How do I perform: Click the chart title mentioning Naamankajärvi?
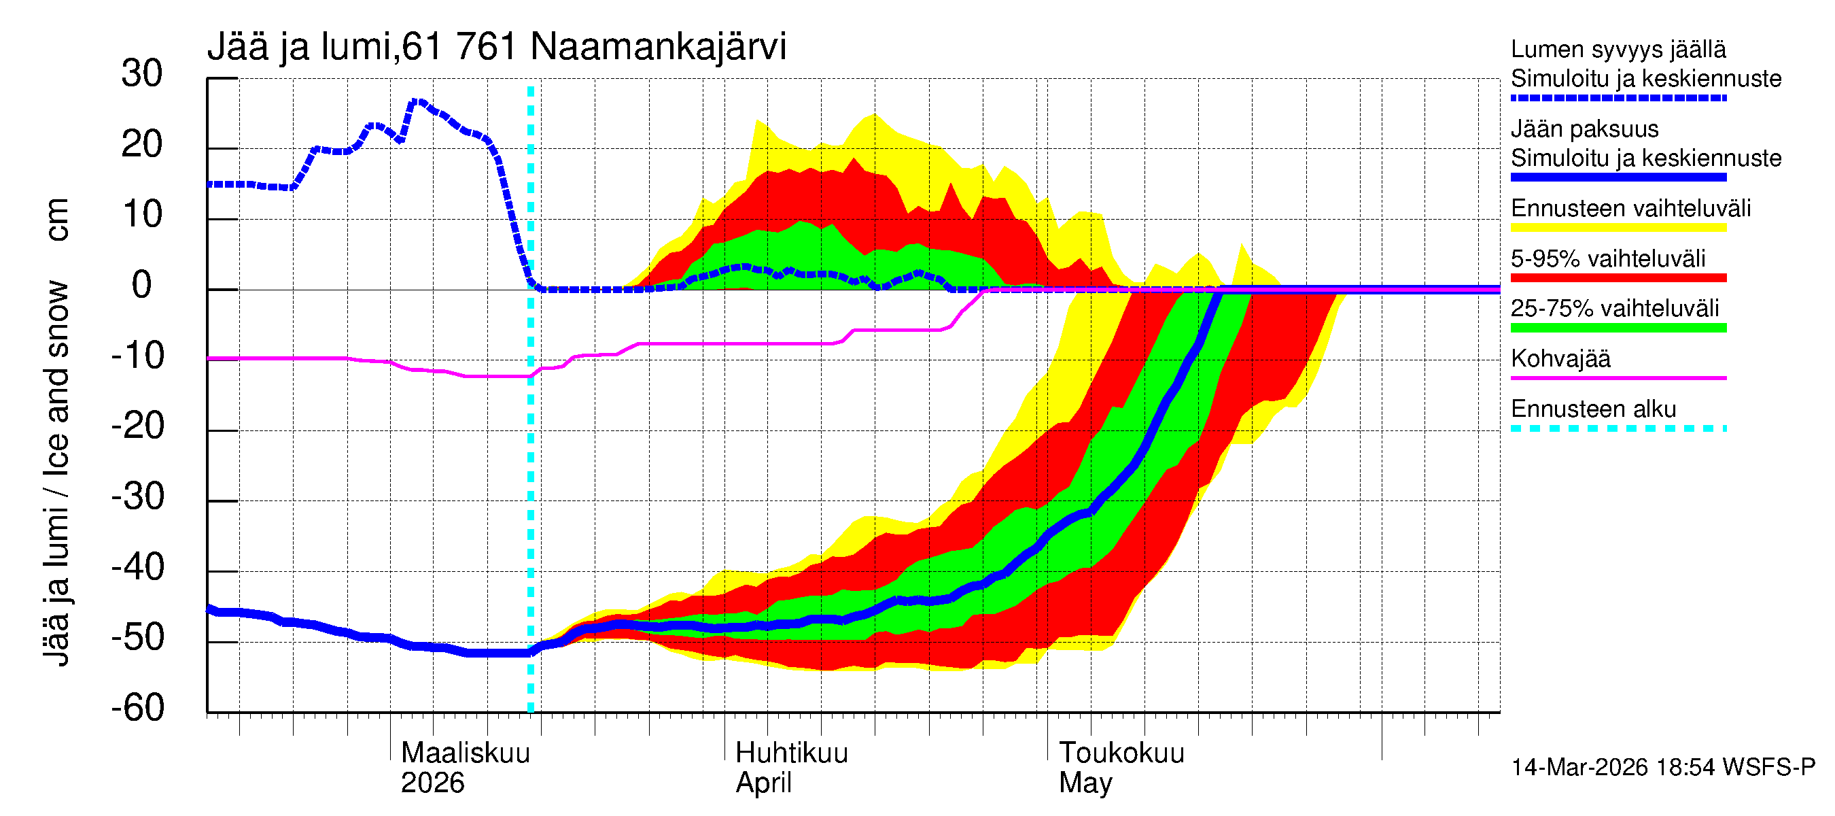coord(497,47)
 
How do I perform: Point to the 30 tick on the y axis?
coord(142,74)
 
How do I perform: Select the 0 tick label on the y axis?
coord(142,286)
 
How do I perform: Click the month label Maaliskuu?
coord(465,753)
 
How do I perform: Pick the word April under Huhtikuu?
coord(763,783)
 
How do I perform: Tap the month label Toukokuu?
coord(1121,753)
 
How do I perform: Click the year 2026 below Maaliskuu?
coord(432,783)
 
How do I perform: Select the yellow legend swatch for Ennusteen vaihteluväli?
coord(1618,228)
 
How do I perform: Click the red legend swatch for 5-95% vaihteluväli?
coord(1618,278)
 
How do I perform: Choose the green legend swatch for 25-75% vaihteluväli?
coord(1618,328)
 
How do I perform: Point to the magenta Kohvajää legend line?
coord(1618,377)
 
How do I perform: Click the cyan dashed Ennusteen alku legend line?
coord(1618,428)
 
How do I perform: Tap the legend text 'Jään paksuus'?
coord(1584,129)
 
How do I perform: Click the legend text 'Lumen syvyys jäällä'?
coord(1618,50)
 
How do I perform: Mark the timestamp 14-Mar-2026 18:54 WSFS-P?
coord(1662,768)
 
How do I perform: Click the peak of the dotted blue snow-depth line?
coord(417,102)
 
